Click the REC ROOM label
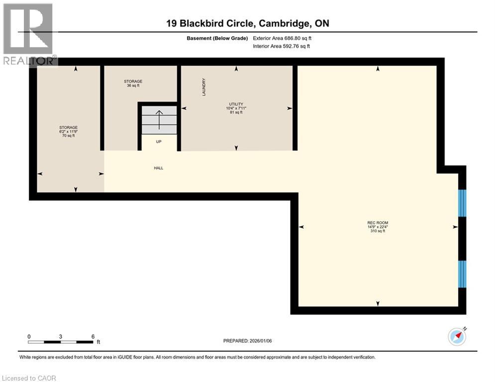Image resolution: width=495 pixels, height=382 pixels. pyautogui.click(x=378, y=222)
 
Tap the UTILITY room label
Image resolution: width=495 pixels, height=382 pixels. pyautogui.click(x=236, y=104)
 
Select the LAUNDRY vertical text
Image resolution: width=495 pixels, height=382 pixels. pyautogui.click(x=204, y=87)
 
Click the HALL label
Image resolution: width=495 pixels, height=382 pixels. pyautogui.click(x=158, y=168)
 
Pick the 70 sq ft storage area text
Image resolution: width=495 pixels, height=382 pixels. pyautogui.click(x=68, y=136)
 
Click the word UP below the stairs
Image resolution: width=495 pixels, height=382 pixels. pyautogui.click(x=159, y=142)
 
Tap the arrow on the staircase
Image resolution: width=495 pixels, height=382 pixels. pyautogui.click(x=159, y=119)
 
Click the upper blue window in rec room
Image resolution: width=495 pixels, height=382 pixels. pyautogui.click(x=462, y=203)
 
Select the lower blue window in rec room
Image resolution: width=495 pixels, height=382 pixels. pyautogui.click(x=462, y=274)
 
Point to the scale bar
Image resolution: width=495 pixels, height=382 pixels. pyautogui.click(x=61, y=342)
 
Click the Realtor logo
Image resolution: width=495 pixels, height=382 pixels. pyautogui.click(x=29, y=34)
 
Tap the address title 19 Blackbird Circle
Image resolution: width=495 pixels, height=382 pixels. pyautogui.click(x=247, y=23)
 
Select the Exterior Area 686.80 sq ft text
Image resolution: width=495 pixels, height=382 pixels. pyautogui.click(x=282, y=38)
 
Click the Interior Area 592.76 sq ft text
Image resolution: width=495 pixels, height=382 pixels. pyautogui.click(x=282, y=46)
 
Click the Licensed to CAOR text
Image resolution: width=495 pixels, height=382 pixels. pyautogui.click(x=29, y=378)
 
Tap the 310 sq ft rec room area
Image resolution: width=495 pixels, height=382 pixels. pyautogui.click(x=378, y=231)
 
